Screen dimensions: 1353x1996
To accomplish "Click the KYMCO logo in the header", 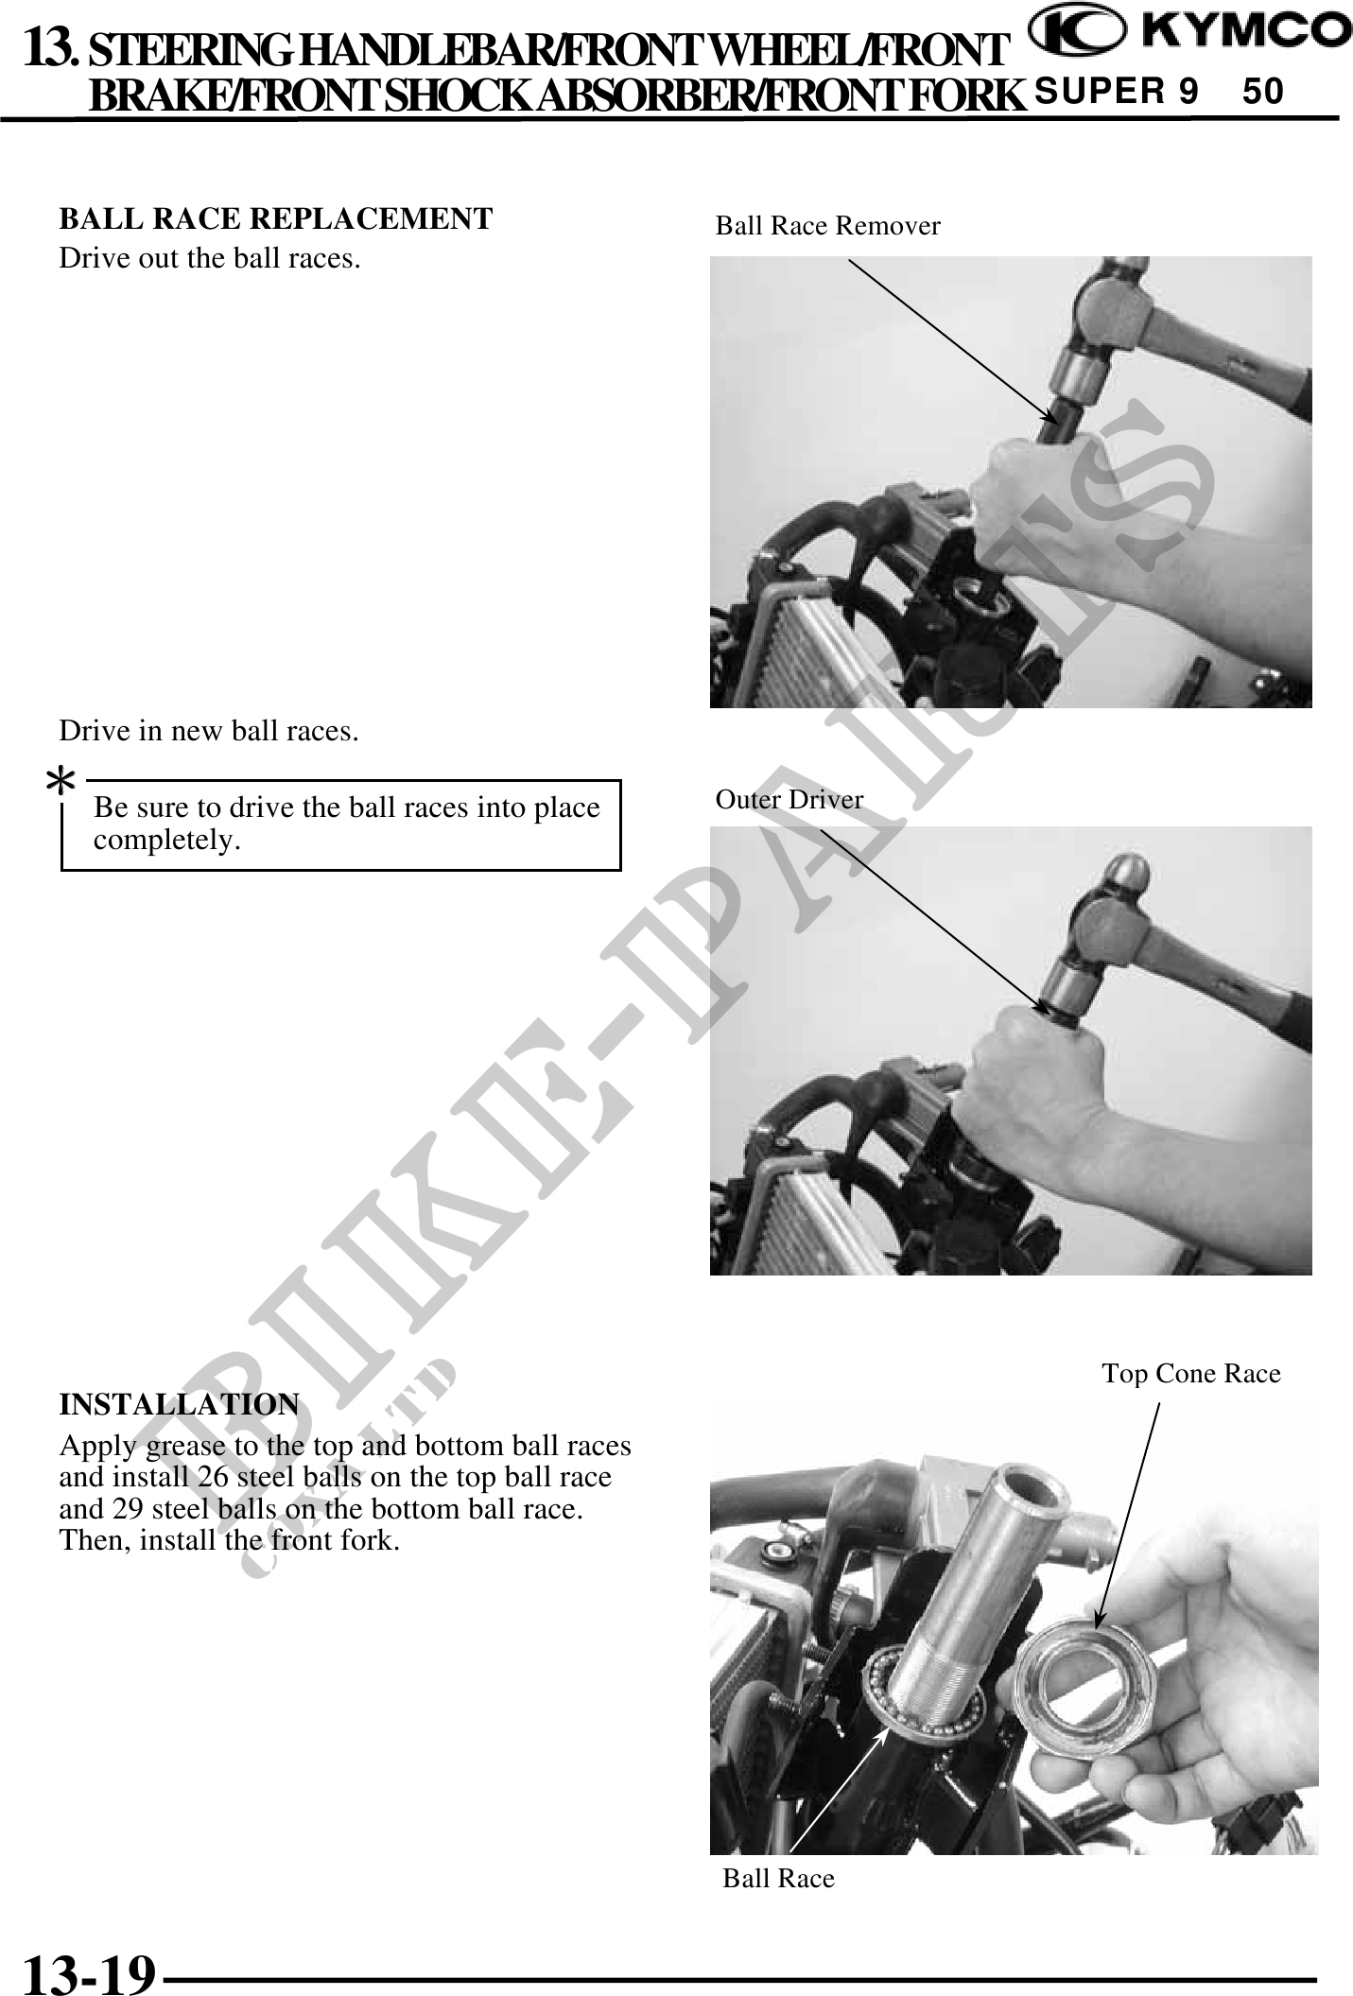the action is click(1189, 33).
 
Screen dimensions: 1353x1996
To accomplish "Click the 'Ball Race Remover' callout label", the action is click(827, 226).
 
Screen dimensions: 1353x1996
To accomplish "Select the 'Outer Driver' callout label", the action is click(789, 800).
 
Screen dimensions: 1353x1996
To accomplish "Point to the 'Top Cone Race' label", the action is click(1191, 1373).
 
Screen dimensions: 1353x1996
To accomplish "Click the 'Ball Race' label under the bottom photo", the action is click(778, 1878).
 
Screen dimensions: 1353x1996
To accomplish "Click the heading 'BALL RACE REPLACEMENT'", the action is click(276, 218).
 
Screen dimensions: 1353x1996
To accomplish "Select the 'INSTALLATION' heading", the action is click(180, 1404).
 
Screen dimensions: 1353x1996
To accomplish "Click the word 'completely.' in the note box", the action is click(166, 840).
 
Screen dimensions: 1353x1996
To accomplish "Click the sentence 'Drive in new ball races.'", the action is click(209, 731).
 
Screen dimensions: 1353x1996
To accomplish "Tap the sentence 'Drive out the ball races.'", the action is click(210, 258).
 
